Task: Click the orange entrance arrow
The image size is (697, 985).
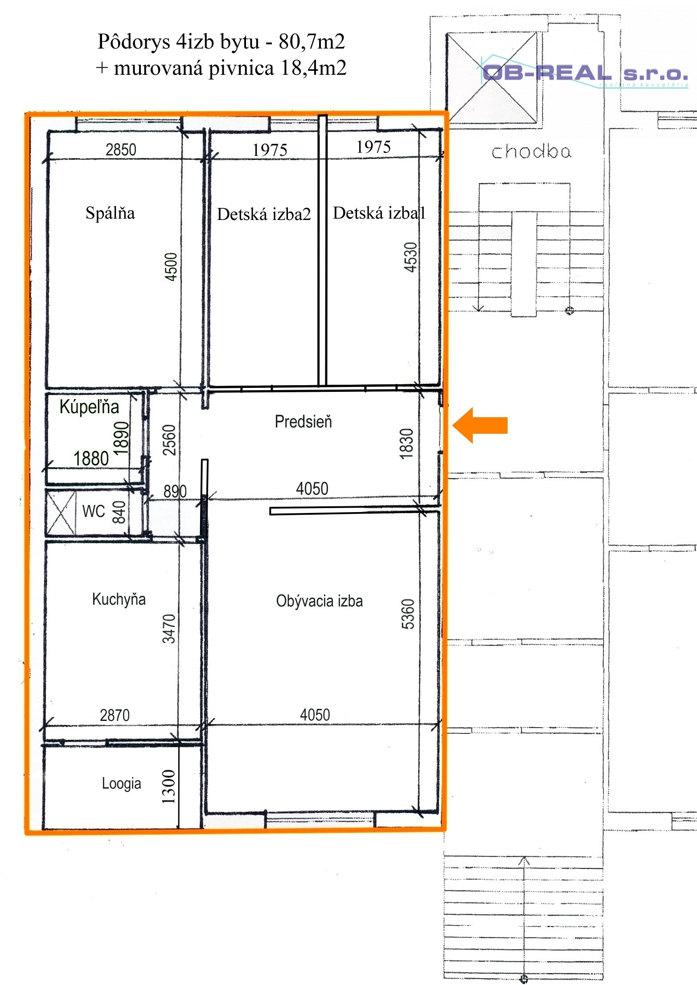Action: coord(480,425)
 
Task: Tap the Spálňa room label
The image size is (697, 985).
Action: coord(110,213)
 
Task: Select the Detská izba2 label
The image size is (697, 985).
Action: coord(264,215)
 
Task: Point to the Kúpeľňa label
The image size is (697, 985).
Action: coord(89,407)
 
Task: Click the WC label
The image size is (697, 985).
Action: coord(94,511)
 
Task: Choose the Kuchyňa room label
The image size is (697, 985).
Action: coord(119,599)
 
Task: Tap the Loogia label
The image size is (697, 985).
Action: coord(121,783)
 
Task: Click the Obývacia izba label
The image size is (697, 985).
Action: coord(319,601)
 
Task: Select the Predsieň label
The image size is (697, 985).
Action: coord(303,422)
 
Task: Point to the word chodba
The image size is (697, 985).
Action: coord(531,152)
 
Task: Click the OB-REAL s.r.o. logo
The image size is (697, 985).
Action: coord(584,72)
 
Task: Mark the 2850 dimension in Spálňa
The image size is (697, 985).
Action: coord(121,150)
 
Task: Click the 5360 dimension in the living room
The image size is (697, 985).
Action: coord(408,615)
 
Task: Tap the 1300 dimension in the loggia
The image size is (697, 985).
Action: coord(169,787)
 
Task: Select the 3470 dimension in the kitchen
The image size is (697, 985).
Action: coord(169,629)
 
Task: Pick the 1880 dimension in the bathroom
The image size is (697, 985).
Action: coord(91,459)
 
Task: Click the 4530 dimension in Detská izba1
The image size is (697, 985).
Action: coord(410,257)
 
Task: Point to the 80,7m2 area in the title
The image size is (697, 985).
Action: coord(312,41)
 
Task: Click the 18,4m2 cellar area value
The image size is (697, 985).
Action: coord(314,68)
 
